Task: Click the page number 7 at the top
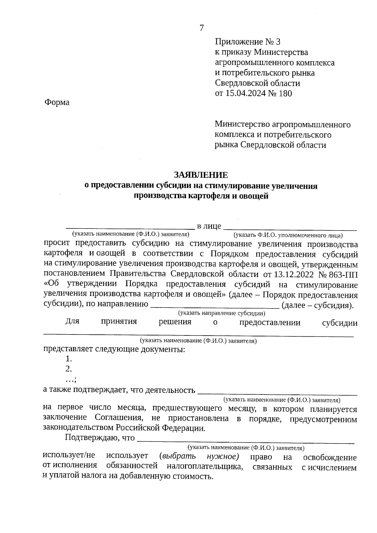click(x=202, y=28)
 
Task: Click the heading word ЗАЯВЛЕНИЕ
click(x=201, y=175)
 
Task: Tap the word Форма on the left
click(x=57, y=102)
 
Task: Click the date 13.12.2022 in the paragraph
click(x=293, y=274)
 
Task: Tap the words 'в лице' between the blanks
click(x=209, y=226)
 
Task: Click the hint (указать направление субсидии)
click(x=222, y=313)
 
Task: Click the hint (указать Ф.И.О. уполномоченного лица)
click(x=288, y=235)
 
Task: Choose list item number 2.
click(x=69, y=369)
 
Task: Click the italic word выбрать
click(x=178, y=456)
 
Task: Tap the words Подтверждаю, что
click(x=100, y=438)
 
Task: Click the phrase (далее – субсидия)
click(x=318, y=305)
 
